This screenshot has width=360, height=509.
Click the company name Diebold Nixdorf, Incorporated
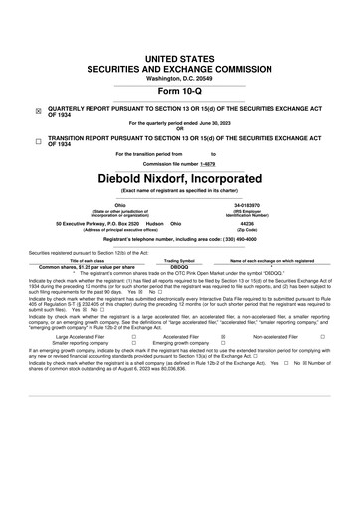coord(179,176)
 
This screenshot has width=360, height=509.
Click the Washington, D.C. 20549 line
coord(179,50)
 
